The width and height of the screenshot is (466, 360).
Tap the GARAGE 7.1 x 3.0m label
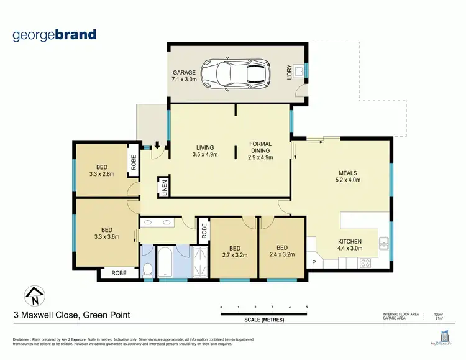coord(184,76)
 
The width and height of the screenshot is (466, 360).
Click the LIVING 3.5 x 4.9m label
coord(205,150)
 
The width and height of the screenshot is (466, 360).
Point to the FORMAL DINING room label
coord(260,150)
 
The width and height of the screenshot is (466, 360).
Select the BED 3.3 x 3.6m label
coord(101,233)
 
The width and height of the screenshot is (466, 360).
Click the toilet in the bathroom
coord(147,269)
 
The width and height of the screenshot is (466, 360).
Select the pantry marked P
coord(314,262)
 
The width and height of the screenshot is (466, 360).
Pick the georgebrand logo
coord(55,34)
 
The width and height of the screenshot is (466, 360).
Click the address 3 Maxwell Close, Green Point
coord(72,316)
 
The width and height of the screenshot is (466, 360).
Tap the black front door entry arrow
coord(157,145)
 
